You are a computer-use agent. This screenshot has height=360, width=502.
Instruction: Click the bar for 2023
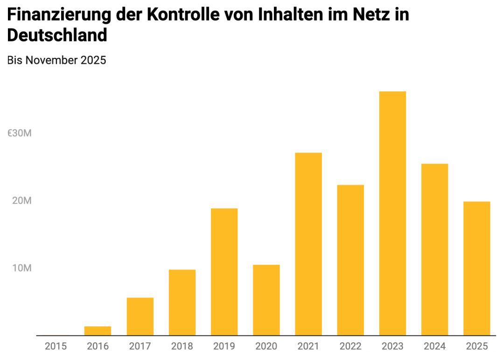(392, 213)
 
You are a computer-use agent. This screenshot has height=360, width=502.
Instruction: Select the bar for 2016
(98, 331)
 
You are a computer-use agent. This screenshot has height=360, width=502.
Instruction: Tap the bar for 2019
(224, 271)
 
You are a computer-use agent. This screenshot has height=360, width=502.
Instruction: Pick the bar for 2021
(308, 244)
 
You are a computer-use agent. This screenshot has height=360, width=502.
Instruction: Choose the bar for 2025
(476, 268)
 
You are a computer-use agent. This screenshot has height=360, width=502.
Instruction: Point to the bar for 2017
(140, 316)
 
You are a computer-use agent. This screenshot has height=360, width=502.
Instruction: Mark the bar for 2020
(266, 300)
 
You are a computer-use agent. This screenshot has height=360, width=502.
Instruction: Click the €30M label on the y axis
(20, 133)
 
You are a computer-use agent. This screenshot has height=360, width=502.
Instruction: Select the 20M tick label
(22, 201)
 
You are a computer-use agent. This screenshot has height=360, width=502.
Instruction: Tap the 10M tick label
(22, 268)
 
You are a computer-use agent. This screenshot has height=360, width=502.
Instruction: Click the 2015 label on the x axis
(56, 346)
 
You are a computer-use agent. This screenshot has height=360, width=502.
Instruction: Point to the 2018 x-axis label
(182, 346)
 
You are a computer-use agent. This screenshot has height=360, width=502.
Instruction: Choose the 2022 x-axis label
(350, 346)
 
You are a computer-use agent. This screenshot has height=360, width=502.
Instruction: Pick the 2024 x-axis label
(434, 346)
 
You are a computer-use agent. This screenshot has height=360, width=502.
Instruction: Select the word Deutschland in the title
(57, 35)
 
